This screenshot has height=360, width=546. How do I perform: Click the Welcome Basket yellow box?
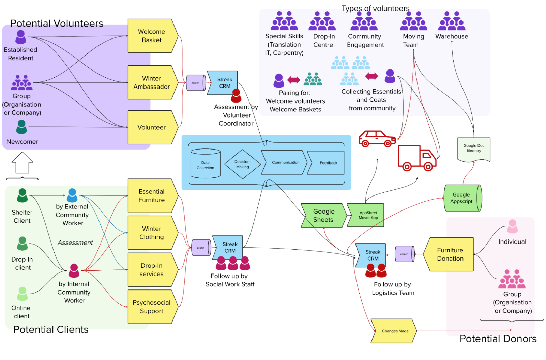click(x=152, y=36)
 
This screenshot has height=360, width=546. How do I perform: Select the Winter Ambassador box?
click(x=152, y=82)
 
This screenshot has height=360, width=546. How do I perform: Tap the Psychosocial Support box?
click(x=152, y=307)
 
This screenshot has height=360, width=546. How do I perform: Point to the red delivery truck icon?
click(x=416, y=158)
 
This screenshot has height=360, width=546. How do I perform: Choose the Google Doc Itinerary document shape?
click(x=474, y=149)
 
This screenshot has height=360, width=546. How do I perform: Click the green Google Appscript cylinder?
click(x=462, y=198)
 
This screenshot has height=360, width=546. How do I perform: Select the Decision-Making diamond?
click(x=242, y=164)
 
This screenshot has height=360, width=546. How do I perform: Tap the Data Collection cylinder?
click(x=205, y=164)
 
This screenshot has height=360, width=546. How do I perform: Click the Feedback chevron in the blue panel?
click(x=327, y=163)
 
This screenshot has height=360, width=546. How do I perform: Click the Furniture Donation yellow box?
click(x=450, y=254)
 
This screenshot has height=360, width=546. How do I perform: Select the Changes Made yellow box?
click(x=394, y=331)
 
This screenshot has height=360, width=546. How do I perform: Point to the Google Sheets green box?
click(x=323, y=215)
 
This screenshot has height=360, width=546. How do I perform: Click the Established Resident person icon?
click(x=21, y=37)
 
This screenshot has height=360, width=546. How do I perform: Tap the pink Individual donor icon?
click(x=512, y=226)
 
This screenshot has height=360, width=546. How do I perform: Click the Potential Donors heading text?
click(x=498, y=339)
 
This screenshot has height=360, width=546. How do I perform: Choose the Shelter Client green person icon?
click(x=22, y=195)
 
